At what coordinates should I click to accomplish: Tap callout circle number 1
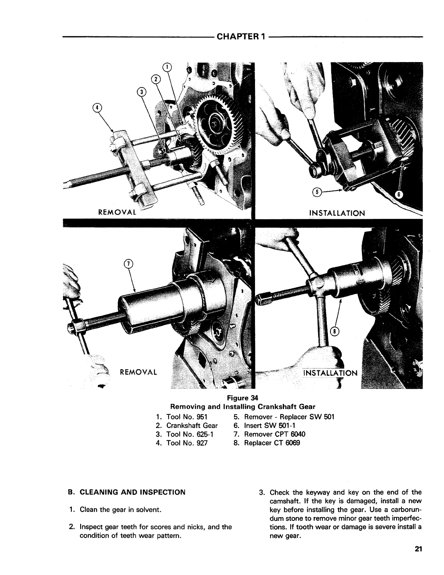point(167,67)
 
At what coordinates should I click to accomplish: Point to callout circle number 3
point(141,92)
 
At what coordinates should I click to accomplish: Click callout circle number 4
point(98,107)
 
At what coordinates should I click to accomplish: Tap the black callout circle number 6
point(398,194)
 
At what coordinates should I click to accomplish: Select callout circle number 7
point(127,264)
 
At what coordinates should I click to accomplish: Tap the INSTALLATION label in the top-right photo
point(337,213)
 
